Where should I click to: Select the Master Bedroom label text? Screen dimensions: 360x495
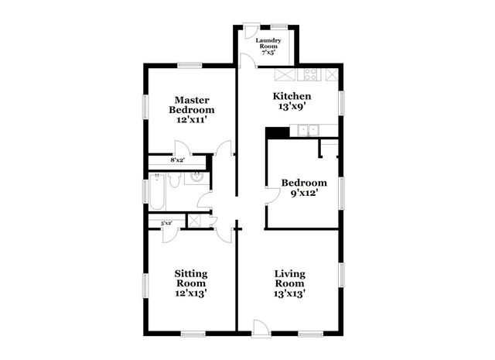click(x=193, y=106)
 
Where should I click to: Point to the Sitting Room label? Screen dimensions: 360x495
click(x=190, y=278)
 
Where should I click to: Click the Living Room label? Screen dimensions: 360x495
click(x=290, y=278)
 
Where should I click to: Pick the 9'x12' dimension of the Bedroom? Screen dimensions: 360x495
click(x=304, y=194)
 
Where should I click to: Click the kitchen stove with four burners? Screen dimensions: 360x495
click(x=309, y=75)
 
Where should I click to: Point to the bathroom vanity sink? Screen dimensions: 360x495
click(x=196, y=180)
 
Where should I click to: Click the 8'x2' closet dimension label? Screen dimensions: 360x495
click(x=177, y=160)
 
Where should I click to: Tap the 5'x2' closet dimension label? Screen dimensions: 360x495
click(x=166, y=224)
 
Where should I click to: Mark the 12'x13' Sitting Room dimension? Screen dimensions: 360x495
click(x=190, y=293)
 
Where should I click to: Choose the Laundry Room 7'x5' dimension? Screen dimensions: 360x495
click(x=268, y=53)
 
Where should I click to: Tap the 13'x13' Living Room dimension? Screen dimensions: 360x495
click(x=290, y=293)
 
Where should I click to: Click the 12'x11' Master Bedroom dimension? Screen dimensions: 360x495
click(x=193, y=121)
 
